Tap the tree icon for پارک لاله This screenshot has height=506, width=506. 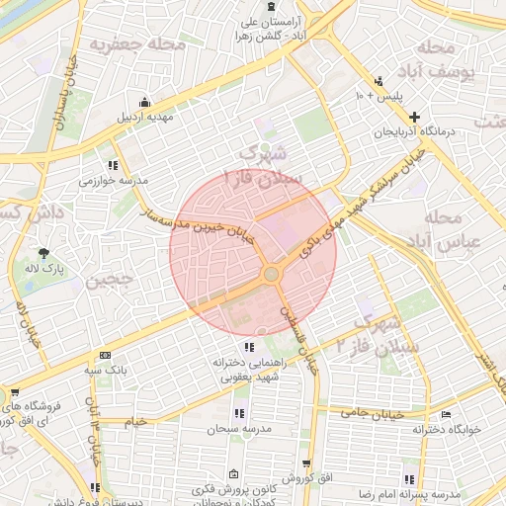tap(42, 253)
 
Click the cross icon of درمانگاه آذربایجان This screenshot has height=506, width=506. tap(414, 117)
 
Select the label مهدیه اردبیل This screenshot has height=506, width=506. tap(146, 117)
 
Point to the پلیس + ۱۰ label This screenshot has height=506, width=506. tap(379, 96)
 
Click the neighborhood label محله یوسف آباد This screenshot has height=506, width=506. tap(440, 60)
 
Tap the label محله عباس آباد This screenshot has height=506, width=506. tap(451, 228)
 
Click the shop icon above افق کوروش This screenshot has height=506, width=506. tap(306, 464)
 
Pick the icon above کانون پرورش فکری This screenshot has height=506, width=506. tap(233, 474)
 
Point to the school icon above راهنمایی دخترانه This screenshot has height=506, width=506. tap(248, 347)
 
